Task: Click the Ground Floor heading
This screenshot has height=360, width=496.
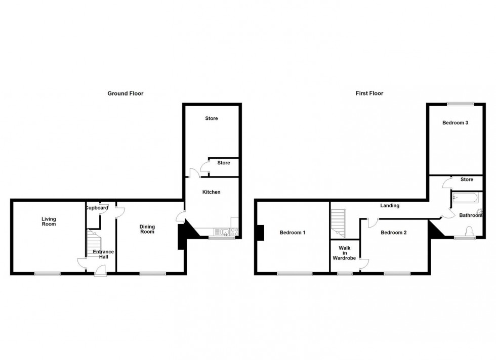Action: (125, 94)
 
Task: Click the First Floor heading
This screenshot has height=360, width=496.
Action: (369, 94)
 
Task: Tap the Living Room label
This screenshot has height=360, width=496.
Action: (49, 221)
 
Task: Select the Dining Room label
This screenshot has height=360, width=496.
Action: (147, 229)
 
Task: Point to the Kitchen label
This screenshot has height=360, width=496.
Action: (211, 192)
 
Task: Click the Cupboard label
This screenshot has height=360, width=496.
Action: (96, 208)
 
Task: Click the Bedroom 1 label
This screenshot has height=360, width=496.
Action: (293, 233)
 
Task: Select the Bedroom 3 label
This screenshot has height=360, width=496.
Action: (455, 122)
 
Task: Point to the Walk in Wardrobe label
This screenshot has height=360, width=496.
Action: (345, 253)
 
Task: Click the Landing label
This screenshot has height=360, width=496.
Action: (390, 206)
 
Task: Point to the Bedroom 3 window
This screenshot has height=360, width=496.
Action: (460, 104)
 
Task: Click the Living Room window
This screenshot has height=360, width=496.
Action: (48, 274)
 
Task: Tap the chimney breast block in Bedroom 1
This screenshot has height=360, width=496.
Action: (260, 233)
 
